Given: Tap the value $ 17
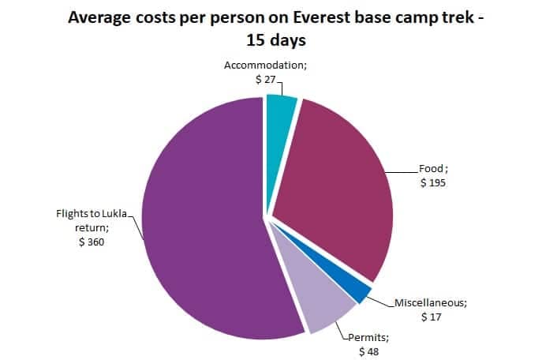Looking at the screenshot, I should point(432,316).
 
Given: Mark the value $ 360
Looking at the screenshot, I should point(90,242).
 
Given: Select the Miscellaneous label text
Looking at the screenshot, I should point(431,302).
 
